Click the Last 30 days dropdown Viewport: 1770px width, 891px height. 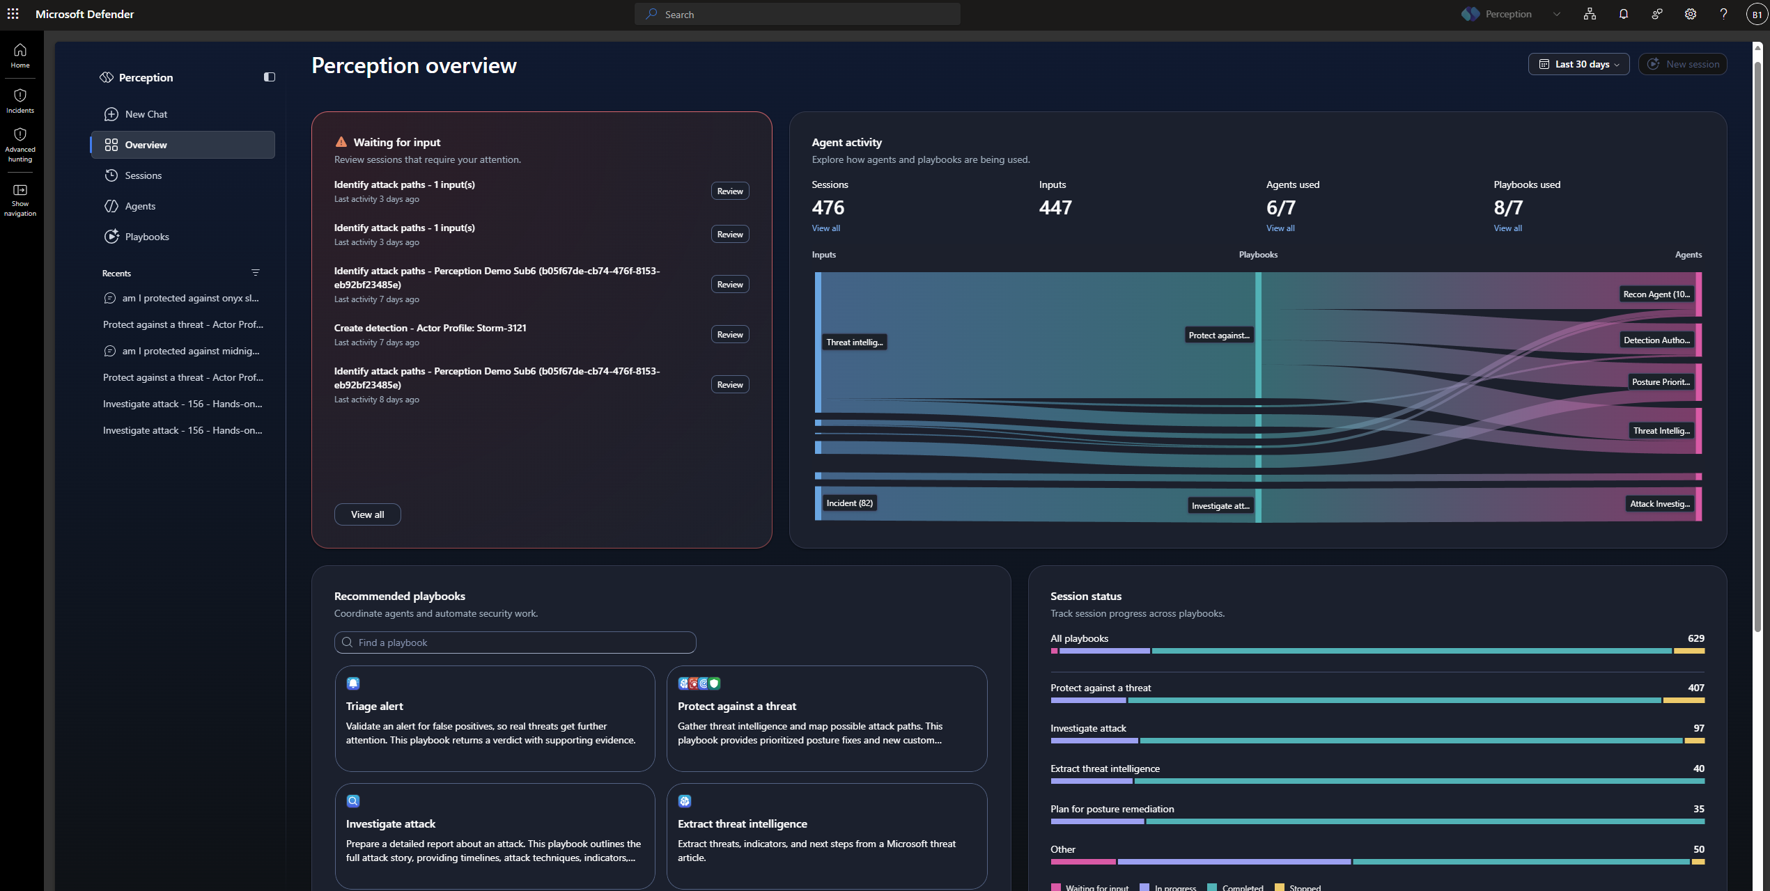point(1578,64)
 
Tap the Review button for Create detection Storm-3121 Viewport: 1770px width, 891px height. point(730,334)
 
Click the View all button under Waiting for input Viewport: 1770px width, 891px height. point(367,514)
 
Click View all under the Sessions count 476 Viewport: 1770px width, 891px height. point(825,228)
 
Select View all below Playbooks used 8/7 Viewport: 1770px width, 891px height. point(1507,228)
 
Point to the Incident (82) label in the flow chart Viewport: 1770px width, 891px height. point(849,503)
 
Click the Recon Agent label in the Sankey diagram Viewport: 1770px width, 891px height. point(1656,294)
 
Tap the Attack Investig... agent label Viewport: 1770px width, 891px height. point(1660,504)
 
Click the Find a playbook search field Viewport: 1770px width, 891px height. point(515,642)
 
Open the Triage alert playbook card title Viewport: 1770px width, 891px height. point(374,706)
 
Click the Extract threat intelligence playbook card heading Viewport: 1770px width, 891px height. point(742,823)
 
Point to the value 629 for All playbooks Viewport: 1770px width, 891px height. point(1695,638)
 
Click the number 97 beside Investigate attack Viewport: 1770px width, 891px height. point(1698,728)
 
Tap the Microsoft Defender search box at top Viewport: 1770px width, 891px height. point(797,14)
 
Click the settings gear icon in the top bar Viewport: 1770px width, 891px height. point(1690,14)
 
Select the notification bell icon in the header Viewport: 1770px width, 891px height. point(1623,14)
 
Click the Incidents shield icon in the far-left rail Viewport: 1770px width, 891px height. point(20,95)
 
